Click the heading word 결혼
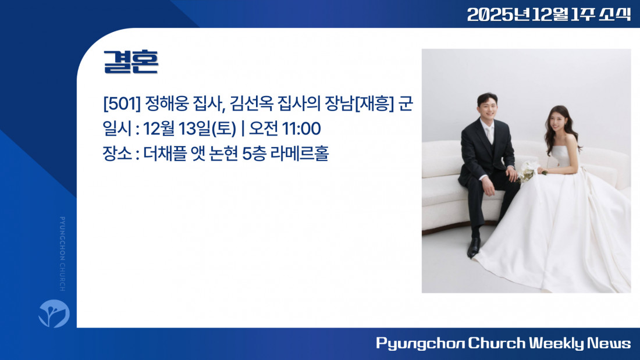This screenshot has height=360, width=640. [130, 62]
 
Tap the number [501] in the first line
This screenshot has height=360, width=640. [122, 104]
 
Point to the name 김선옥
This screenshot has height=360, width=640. [251, 104]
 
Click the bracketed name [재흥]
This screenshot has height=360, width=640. [374, 104]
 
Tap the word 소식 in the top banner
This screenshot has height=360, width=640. [615, 15]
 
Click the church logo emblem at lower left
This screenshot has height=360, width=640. [54, 313]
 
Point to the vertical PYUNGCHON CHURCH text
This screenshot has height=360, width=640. [62, 254]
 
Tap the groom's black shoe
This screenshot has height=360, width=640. [474, 247]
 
